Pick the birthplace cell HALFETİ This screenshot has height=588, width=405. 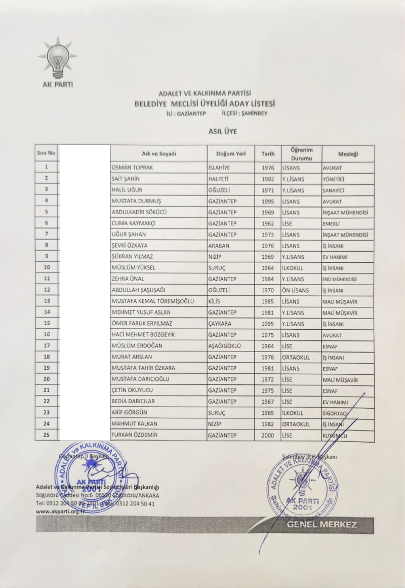(220, 179)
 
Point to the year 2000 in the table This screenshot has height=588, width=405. (268, 436)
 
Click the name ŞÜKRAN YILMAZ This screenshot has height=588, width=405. (132, 257)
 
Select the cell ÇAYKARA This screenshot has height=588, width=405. (221, 324)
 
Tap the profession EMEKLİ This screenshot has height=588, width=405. (333, 223)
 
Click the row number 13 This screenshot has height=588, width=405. (47, 301)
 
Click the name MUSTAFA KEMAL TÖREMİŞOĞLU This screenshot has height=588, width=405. (153, 301)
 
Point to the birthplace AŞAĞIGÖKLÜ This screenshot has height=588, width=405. (227, 346)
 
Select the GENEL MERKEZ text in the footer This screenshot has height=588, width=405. (321, 524)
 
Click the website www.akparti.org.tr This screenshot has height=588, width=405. (60, 512)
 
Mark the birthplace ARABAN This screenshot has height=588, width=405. (220, 246)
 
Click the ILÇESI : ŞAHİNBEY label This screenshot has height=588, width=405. (245, 113)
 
